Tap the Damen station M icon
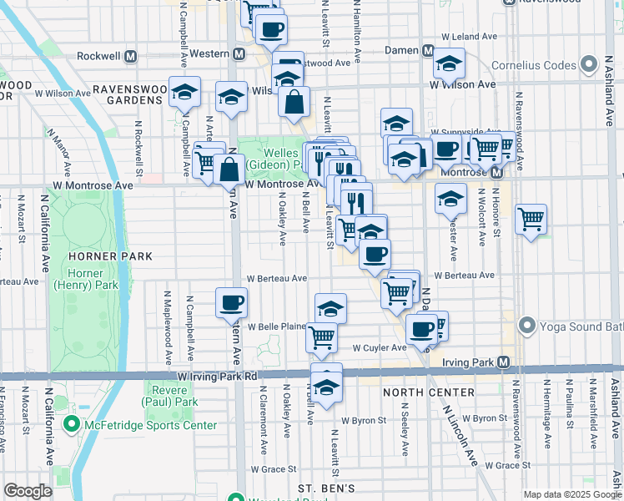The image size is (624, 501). point(428,52)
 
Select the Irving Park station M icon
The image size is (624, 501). point(503,362)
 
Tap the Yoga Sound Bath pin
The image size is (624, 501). point(526,325)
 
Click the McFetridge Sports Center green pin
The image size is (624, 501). point(71,425)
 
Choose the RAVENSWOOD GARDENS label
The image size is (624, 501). point(127,94)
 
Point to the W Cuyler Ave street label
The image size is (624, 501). point(379,347)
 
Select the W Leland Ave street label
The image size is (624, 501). point(468,37)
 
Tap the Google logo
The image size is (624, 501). point(28,491)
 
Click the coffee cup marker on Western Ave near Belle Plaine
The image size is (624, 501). point(231,302)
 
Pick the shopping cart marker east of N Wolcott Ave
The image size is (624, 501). point(531,220)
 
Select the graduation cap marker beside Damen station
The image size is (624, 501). point(449,64)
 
